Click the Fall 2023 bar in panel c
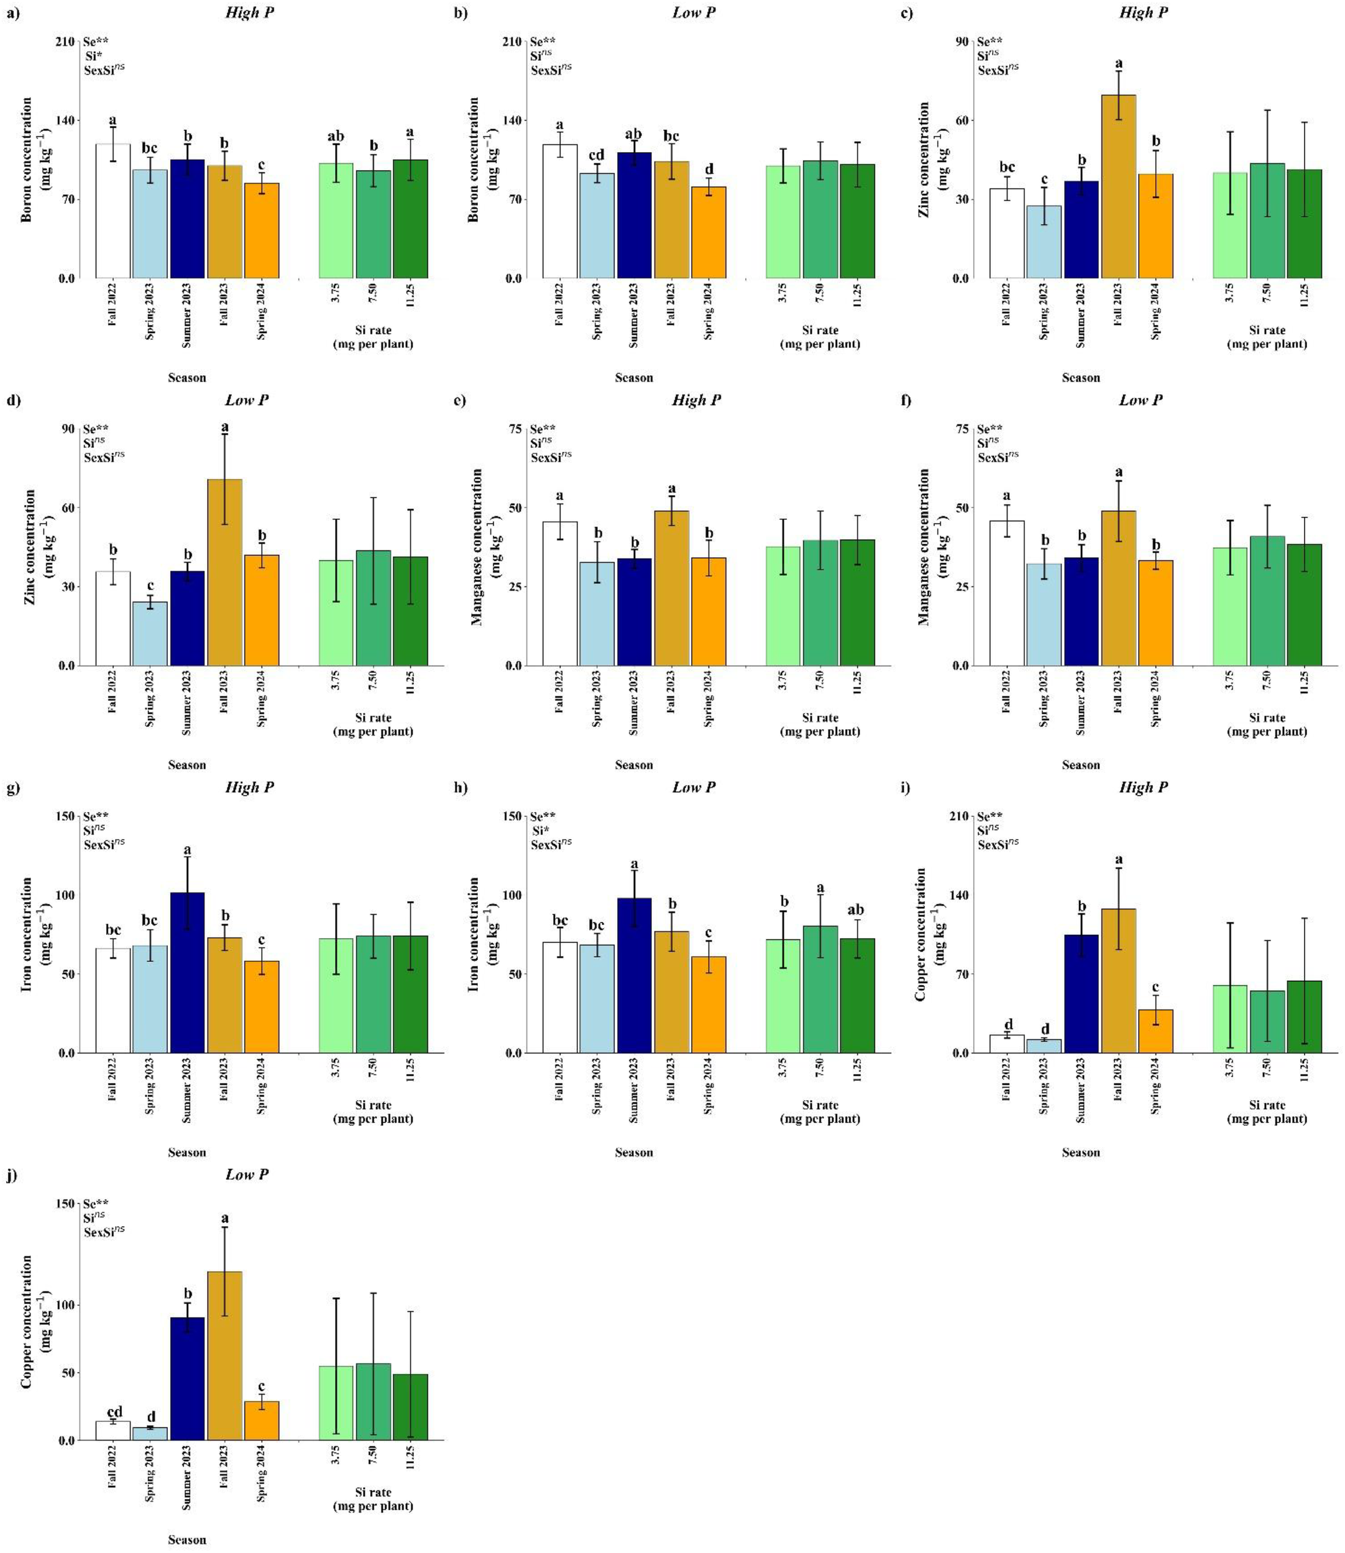point(1118,188)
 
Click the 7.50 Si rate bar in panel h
point(820,990)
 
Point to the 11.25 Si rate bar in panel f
point(1304,606)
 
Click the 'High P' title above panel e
point(697,400)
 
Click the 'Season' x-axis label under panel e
point(633,765)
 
